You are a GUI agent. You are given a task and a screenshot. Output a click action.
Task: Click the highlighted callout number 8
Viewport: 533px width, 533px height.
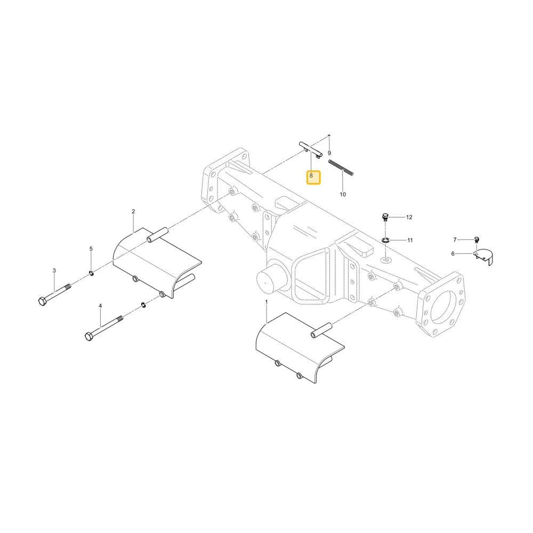tap(311, 176)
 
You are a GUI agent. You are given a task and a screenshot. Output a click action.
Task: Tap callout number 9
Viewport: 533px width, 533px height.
tap(329, 153)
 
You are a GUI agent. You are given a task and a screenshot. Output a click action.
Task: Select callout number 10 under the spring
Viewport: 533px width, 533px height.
tap(343, 194)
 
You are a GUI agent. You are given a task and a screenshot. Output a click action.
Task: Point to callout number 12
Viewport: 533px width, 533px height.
tap(409, 217)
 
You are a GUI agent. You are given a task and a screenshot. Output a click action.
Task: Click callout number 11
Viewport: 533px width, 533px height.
tap(410, 240)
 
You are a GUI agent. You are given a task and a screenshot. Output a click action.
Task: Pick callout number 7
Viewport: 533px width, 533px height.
tap(455, 240)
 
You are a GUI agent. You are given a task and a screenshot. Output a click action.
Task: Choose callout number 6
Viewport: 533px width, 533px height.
tap(453, 254)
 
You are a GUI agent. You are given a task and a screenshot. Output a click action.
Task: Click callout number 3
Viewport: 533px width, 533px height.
tap(54, 271)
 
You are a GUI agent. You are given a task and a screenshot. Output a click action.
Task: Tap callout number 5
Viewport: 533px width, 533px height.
tap(91, 249)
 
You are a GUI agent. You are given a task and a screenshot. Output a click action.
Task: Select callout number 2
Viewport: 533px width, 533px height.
tap(133, 212)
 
